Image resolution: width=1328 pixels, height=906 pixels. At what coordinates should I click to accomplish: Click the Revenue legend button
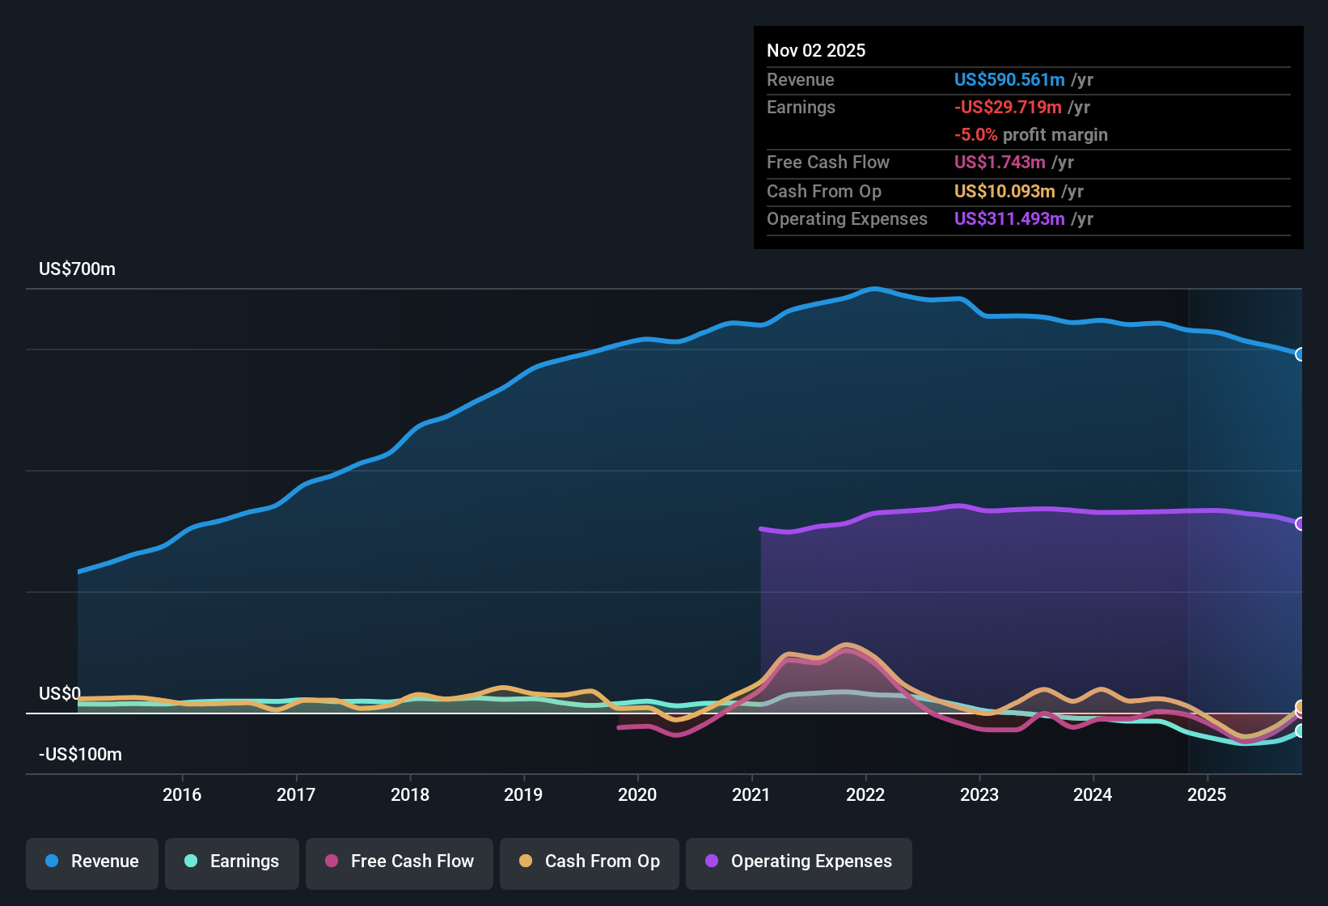tap(92, 862)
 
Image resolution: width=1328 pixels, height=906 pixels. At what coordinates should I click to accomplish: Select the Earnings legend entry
tap(232, 862)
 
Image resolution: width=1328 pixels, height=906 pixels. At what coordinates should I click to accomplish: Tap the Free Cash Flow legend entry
tap(400, 862)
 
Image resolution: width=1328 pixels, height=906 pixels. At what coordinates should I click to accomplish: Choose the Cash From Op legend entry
tap(590, 862)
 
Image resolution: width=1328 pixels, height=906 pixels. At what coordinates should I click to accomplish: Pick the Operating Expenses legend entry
tap(799, 862)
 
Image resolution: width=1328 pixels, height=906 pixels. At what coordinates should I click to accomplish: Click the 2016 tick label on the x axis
tap(182, 794)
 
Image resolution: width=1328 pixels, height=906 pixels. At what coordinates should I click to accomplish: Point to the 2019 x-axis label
tap(523, 794)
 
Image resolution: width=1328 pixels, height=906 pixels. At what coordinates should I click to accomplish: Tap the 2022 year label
tap(865, 794)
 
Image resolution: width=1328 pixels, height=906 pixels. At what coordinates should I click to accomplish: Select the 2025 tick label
tap(1207, 794)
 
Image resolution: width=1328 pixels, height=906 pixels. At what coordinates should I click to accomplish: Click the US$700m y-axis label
tap(77, 269)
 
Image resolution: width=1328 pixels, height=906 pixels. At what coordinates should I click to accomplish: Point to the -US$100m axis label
tap(80, 754)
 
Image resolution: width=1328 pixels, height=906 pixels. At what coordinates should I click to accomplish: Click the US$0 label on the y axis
tap(59, 693)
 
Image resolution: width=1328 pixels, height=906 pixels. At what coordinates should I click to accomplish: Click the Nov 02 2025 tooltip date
tap(815, 50)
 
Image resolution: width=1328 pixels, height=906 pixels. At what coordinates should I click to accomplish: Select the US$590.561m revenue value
tap(1009, 79)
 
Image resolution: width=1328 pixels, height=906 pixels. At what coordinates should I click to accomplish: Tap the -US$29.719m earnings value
tap(1007, 107)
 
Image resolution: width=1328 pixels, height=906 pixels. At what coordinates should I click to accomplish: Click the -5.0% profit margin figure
tap(975, 134)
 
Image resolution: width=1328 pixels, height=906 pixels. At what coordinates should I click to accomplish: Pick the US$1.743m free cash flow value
tap(999, 162)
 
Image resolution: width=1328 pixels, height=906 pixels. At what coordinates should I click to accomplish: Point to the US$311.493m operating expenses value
tap(1009, 218)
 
